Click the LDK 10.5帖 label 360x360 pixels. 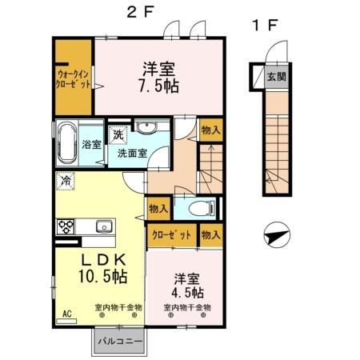pos(102,269)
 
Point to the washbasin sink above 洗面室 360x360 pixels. pos(146,130)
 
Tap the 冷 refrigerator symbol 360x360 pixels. pos(66,180)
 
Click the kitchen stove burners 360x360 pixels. pos(65,226)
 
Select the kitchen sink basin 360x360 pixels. pos(102,227)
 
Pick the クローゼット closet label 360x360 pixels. pos(170,235)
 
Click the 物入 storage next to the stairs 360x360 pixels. pos(210,130)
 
